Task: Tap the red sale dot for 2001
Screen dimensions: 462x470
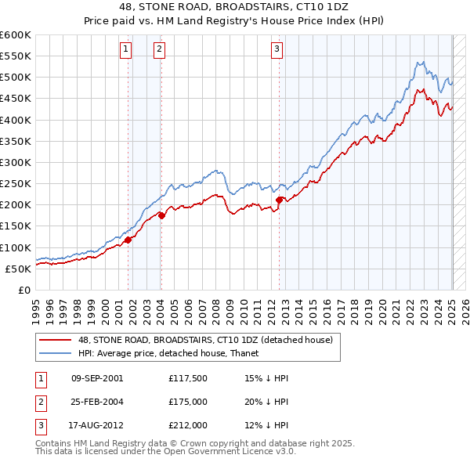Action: (128, 240)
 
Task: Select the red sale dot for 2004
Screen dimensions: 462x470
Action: (161, 215)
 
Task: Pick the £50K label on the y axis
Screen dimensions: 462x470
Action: (18, 269)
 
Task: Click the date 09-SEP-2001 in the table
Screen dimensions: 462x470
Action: (97, 378)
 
